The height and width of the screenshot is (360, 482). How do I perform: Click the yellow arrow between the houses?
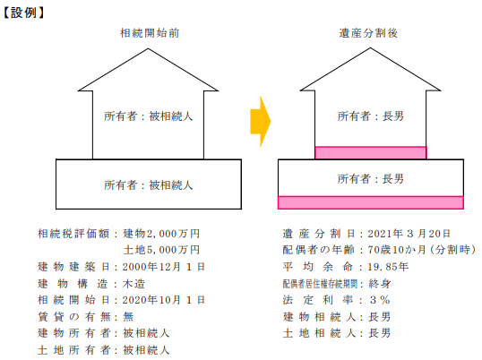[260, 121]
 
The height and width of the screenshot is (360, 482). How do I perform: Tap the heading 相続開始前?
[150, 33]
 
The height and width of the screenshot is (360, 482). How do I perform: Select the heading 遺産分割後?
[368, 33]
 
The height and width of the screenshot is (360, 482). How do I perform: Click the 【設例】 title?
[23, 13]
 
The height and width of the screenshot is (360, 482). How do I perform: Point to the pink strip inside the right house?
[371, 152]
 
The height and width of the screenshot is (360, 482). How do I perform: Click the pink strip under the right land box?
[371, 202]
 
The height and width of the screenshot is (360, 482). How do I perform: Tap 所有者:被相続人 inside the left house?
[149, 116]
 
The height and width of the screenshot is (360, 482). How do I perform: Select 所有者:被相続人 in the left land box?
[149, 184]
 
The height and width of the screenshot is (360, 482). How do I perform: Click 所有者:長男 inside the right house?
[371, 116]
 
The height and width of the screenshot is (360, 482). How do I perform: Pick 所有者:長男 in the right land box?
[371, 178]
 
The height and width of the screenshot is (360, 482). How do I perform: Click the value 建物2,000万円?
[161, 234]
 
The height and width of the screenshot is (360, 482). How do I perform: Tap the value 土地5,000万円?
[161, 250]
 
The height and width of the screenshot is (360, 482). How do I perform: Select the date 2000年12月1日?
[164, 267]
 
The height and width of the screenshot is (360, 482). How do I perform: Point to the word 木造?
[133, 284]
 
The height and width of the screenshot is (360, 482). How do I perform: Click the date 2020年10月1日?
[164, 300]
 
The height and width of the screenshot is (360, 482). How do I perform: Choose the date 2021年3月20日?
[409, 234]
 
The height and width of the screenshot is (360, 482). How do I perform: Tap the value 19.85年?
[388, 267]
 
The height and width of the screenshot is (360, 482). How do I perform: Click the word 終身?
[380, 284]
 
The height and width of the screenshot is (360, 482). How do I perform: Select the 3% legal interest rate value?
[380, 300]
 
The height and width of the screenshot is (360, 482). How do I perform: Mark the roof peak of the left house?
[148, 48]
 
